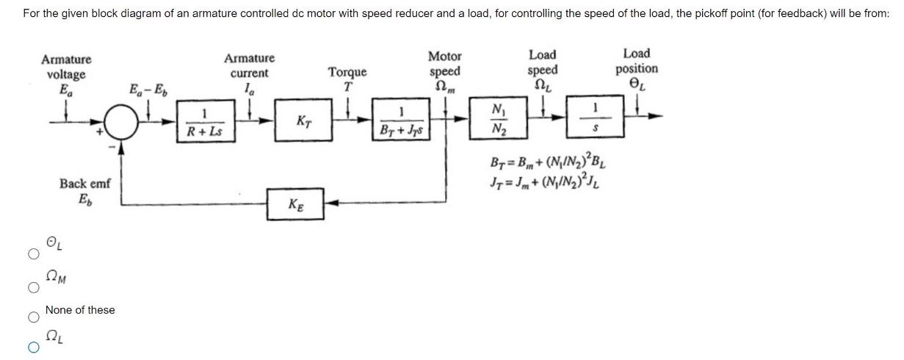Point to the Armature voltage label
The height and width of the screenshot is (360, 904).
[x=66, y=74]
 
